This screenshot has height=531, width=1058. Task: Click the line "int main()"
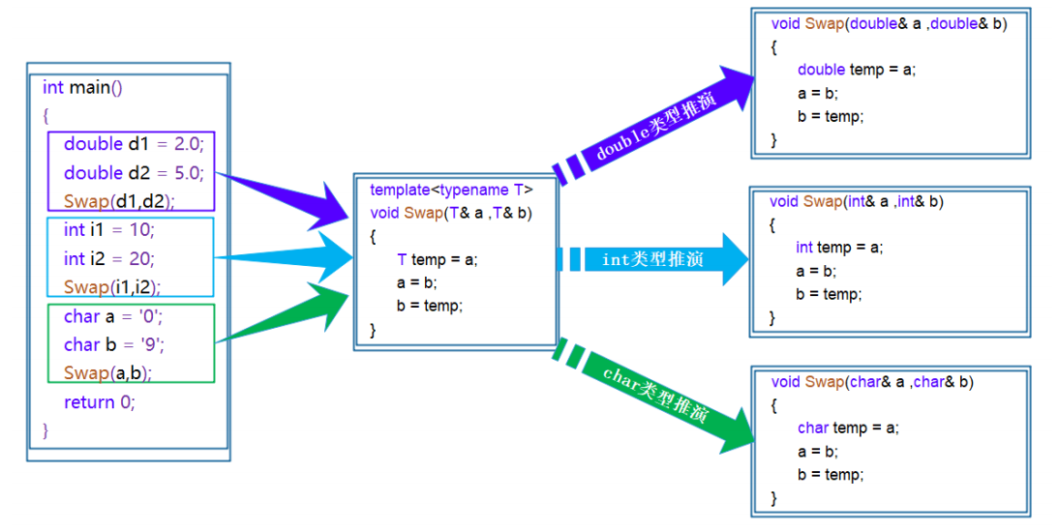tap(82, 88)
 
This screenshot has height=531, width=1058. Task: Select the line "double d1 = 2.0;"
tap(134, 144)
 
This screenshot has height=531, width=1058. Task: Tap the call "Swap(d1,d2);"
tap(125, 201)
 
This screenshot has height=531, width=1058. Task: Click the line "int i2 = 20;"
tap(109, 258)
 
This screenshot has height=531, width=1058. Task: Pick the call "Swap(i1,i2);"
tap(112, 287)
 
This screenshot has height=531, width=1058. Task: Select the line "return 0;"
tap(100, 402)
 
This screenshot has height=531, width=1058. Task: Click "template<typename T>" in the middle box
tap(451, 191)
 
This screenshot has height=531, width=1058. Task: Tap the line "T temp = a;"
tap(438, 259)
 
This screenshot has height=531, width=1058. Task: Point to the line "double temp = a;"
tap(856, 70)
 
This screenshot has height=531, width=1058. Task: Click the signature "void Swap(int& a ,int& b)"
tap(857, 201)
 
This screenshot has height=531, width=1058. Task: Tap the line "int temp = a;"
tap(839, 247)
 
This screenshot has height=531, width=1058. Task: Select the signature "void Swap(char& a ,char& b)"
tap(872, 382)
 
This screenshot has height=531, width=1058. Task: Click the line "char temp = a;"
tap(848, 428)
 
